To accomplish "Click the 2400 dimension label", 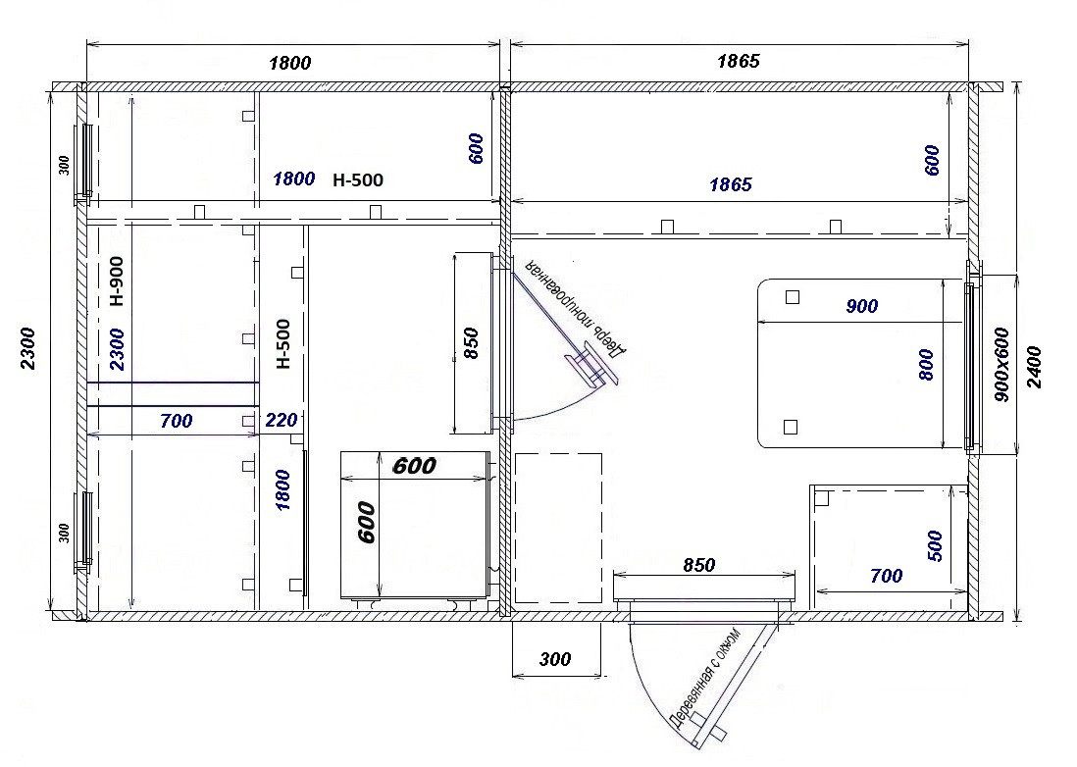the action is click(x=1035, y=368).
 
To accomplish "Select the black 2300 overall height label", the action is click(x=28, y=348).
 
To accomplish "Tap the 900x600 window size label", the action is click(x=1001, y=364).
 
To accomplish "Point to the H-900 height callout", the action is click(x=117, y=281).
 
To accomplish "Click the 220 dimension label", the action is click(x=281, y=420).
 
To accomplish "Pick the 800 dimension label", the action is click(x=926, y=365).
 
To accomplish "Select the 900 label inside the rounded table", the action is click(x=861, y=306).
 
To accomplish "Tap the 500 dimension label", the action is click(x=935, y=546).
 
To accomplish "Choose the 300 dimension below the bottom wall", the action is click(x=555, y=659).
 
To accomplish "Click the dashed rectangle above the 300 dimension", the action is click(x=558, y=528).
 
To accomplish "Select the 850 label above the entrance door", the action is click(x=699, y=564).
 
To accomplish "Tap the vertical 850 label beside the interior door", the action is click(x=471, y=343).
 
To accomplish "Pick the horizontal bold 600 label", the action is click(x=414, y=466).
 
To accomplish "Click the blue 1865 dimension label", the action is click(x=731, y=184).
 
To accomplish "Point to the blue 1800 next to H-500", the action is click(x=294, y=179).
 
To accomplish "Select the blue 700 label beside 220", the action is click(x=177, y=420).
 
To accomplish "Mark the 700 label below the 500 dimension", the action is click(x=886, y=576).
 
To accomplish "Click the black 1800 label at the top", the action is click(x=290, y=63).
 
